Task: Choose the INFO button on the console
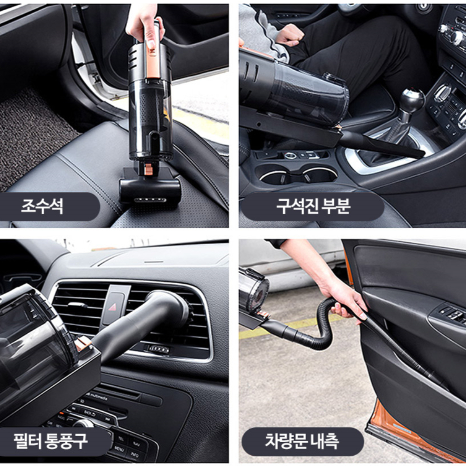[x=135, y=454]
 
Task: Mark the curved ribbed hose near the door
[x=322, y=329]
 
